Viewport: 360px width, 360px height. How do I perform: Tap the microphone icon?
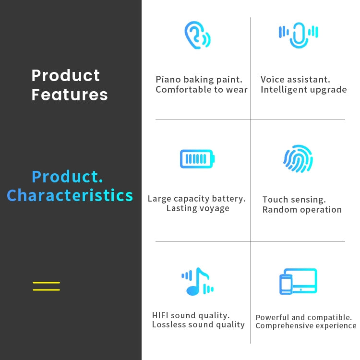298,36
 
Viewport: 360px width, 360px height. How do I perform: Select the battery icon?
197,159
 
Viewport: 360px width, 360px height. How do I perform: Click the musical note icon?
197,281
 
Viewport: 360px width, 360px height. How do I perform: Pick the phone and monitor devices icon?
298,281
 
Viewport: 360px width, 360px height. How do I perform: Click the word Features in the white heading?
70,95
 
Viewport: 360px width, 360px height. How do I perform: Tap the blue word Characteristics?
70,196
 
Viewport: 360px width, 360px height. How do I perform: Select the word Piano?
168,79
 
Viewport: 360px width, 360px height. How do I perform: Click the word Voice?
273,79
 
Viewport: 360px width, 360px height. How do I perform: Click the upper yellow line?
47,283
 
